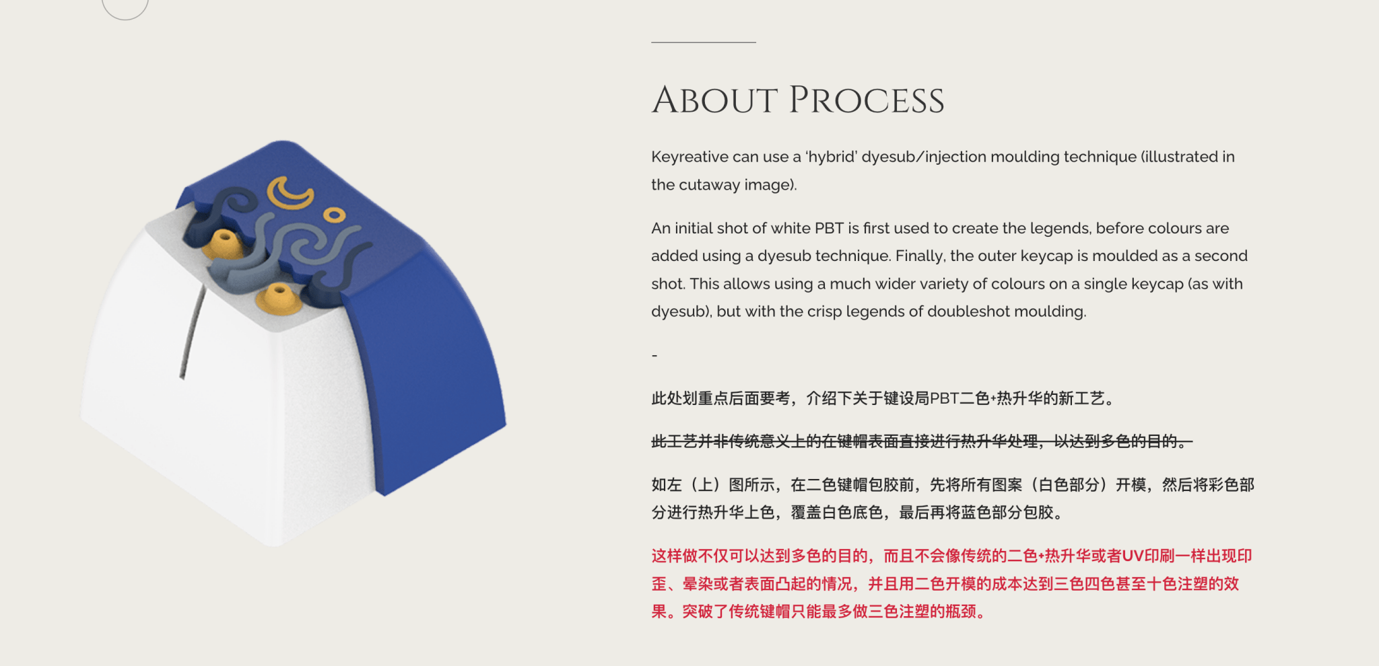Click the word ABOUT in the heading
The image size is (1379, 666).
tap(715, 100)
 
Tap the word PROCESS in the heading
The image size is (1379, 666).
tap(867, 100)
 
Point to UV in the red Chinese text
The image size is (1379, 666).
tap(1133, 556)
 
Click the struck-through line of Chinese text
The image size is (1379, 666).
tap(922, 441)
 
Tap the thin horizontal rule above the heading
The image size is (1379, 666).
tap(704, 42)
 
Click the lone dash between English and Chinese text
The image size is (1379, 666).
tap(654, 355)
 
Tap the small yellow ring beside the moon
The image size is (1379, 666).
tap(334, 215)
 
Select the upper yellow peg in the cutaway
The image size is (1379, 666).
tap(224, 244)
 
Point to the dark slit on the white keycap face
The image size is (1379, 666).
tap(192, 330)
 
